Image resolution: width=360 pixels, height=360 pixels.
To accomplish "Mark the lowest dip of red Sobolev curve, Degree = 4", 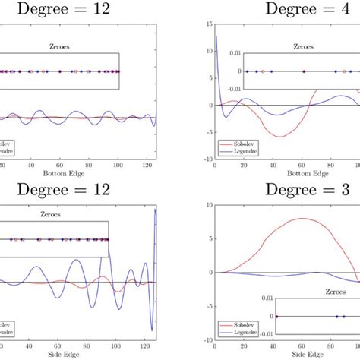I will (x=280, y=137).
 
